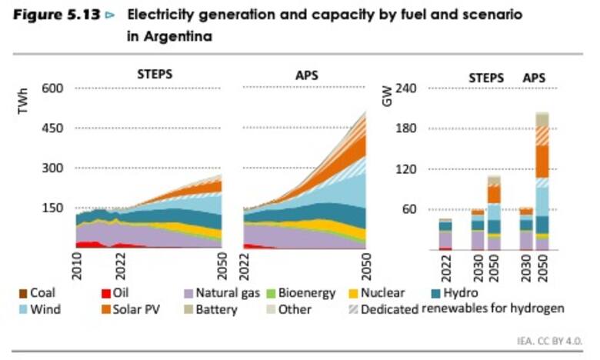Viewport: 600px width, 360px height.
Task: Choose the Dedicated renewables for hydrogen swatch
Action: coord(353,309)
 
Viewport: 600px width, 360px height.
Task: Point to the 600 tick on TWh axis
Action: coord(62,88)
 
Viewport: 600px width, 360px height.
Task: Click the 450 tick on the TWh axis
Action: coord(62,128)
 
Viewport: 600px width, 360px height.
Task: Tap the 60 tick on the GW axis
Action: coord(408,208)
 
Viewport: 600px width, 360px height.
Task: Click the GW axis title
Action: coord(387,98)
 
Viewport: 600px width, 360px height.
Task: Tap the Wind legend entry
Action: coord(45,309)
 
